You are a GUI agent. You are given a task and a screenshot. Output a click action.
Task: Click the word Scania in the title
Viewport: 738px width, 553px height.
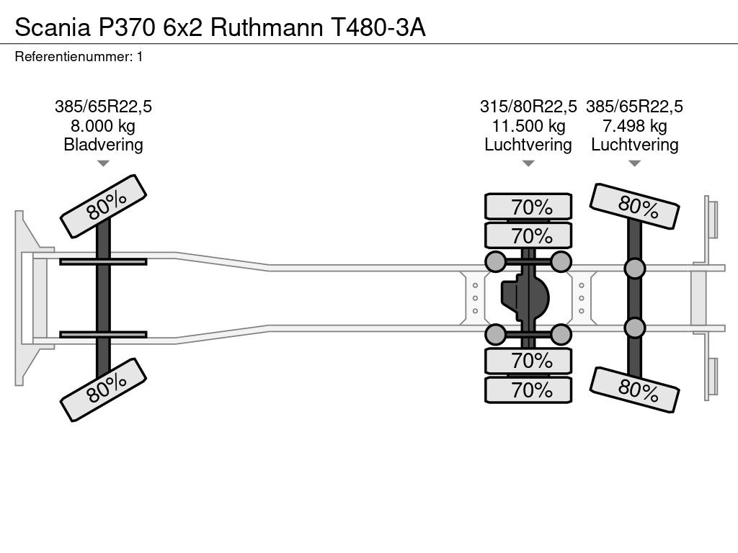pyautogui.click(x=53, y=27)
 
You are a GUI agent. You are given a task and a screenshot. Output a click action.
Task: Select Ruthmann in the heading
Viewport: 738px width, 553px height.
pyautogui.click(x=267, y=27)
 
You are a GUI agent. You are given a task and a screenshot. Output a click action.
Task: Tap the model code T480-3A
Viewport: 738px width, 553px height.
pyautogui.click(x=378, y=27)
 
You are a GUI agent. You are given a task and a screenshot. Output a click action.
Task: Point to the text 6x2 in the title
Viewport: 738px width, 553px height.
pyautogui.click(x=183, y=27)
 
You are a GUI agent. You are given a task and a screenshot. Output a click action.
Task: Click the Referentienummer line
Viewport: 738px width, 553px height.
pyautogui.click(x=79, y=57)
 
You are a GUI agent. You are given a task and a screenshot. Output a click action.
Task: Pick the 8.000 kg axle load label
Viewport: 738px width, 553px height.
pyautogui.click(x=103, y=125)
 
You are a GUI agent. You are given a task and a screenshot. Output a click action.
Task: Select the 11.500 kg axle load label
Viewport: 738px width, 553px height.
pyautogui.click(x=528, y=125)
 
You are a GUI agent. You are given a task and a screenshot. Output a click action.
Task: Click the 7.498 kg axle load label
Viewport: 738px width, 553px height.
pyautogui.click(x=634, y=125)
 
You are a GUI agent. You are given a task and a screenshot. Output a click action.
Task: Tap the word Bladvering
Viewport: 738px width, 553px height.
pyautogui.click(x=103, y=144)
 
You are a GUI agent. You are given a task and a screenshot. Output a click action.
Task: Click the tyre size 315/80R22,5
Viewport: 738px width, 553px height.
pyautogui.click(x=528, y=107)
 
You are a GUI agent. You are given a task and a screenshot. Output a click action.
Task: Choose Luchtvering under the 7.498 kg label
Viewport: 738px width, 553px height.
pyautogui.click(x=634, y=144)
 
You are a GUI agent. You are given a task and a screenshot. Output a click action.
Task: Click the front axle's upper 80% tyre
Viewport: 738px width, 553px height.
pyautogui.click(x=104, y=206)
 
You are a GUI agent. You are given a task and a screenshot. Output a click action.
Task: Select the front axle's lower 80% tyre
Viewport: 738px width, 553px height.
pyautogui.click(x=104, y=390)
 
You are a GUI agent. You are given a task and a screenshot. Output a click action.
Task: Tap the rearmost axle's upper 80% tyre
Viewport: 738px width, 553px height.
pyautogui.click(x=634, y=206)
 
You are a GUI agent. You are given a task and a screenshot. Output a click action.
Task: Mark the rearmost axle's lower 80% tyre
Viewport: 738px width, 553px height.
pyautogui.click(x=634, y=390)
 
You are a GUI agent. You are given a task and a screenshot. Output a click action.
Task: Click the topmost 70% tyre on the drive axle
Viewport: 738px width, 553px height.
pyautogui.click(x=528, y=207)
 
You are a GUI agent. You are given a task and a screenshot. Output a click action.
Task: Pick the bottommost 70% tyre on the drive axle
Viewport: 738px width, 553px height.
pyautogui.click(x=528, y=390)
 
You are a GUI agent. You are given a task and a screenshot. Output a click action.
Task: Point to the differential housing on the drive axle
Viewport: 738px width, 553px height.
pyautogui.click(x=525, y=298)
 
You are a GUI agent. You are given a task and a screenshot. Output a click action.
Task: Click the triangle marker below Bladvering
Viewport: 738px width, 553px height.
pyautogui.click(x=103, y=163)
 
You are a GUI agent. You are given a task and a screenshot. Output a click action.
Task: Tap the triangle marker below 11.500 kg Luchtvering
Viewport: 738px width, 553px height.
pyautogui.click(x=528, y=163)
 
